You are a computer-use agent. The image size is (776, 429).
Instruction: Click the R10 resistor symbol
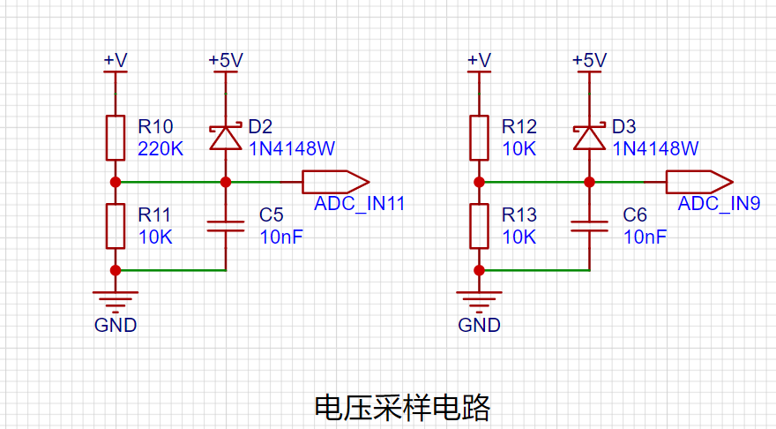point(116,138)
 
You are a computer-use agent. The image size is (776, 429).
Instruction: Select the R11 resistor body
point(116,226)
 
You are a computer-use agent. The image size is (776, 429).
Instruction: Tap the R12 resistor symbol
point(479,138)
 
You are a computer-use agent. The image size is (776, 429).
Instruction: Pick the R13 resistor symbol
point(479,226)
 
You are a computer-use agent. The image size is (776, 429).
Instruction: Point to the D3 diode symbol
point(589,137)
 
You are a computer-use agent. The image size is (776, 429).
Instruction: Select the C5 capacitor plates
point(226,226)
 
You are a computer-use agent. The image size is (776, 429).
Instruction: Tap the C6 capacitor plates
point(589,226)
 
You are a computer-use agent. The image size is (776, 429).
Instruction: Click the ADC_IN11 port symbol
point(336,182)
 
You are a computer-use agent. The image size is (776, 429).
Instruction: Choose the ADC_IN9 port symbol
point(699,182)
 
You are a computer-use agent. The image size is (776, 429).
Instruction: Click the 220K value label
point(160,148)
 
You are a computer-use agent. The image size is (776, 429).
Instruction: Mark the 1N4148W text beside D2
point(292,148)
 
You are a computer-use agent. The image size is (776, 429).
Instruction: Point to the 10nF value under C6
point(645,237)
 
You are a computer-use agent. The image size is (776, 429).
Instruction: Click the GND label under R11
point(116,325)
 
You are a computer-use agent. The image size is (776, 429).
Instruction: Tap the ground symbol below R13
point(479,302)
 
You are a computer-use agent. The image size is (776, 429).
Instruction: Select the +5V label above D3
point(589,60)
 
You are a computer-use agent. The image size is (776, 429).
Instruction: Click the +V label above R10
point(116,60)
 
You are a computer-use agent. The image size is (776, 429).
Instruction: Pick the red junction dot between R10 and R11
point(116,183)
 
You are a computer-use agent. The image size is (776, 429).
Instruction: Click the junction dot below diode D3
point(589,183)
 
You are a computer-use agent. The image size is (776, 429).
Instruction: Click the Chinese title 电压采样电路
point(402,408)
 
